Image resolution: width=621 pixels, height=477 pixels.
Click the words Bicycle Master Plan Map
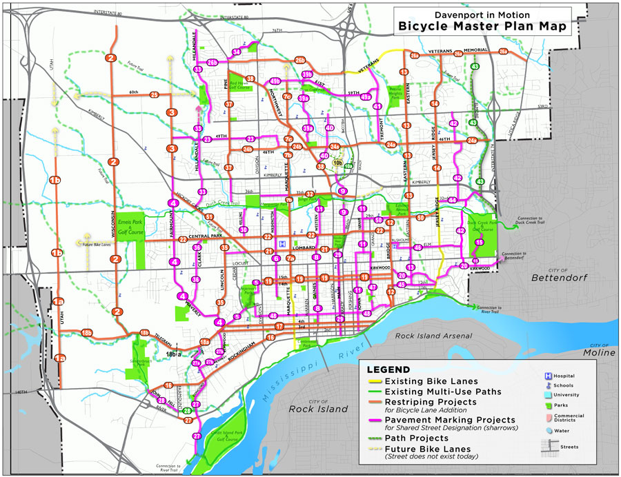point(481,27)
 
